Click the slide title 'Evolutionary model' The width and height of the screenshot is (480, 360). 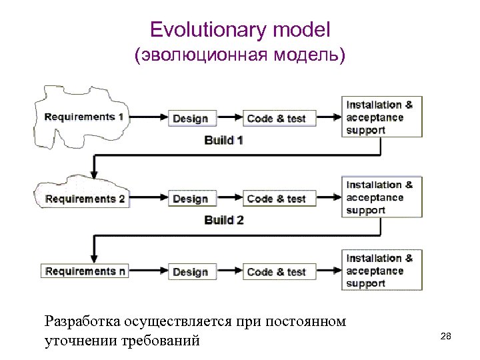coord(240,30)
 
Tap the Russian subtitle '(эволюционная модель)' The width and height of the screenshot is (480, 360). coord(240,57)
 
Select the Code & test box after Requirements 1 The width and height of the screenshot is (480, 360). coord(276,119)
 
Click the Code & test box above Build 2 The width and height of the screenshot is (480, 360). coord(276,199)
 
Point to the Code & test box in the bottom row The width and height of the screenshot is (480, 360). coord(276,271)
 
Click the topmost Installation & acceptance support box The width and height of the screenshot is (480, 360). coord(382,117)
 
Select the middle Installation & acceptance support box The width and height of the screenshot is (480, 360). coord(382,197)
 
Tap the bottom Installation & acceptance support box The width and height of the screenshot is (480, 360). coord(382,271)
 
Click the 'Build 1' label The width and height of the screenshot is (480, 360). coord(223,141)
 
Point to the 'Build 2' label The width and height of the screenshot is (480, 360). coord(223,220)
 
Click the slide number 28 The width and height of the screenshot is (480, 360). coord(446,337)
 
